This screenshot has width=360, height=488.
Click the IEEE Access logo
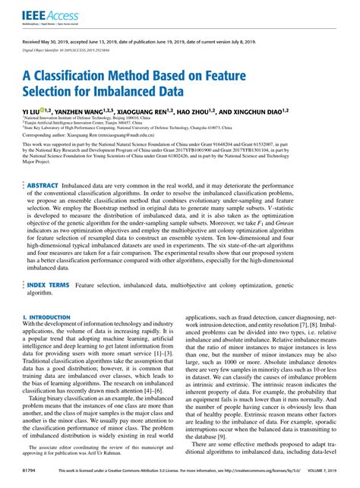(44, 15)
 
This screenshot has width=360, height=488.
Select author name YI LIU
(32, 112)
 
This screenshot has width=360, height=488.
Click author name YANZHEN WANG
(87, 112)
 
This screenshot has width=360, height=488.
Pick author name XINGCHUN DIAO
(283, 112)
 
